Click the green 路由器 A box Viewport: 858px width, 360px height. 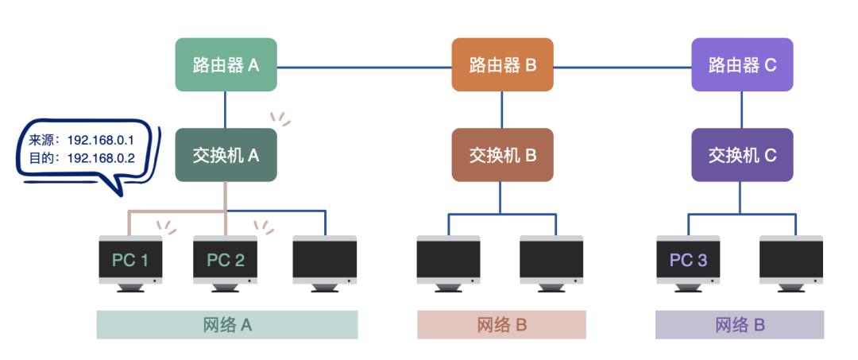point(226,64)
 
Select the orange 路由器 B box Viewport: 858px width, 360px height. point(502,64)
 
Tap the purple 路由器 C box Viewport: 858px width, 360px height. point(742,64)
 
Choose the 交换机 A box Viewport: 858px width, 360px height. point(226,155)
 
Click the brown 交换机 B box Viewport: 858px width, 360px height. point(502,155)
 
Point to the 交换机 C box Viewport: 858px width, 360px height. point(742,155)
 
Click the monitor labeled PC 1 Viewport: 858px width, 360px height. point(131,260)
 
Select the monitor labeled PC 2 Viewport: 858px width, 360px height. point(226,260)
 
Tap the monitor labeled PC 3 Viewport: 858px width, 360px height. point(688,260)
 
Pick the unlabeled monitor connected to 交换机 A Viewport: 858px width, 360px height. point(324,260)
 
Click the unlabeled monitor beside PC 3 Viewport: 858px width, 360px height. point(790,260)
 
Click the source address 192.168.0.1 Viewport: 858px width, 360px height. point(101,141)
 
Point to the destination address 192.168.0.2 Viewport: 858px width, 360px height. point(101,158)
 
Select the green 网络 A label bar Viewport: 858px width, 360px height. point(227,325)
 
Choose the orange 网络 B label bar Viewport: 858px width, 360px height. point(501,325)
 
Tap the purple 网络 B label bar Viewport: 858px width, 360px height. point(740,325)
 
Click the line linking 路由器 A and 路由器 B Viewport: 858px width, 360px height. point(364,67)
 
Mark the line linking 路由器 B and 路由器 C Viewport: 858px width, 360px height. point(621,67)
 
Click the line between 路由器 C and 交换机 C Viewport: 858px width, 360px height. point(742,110)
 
